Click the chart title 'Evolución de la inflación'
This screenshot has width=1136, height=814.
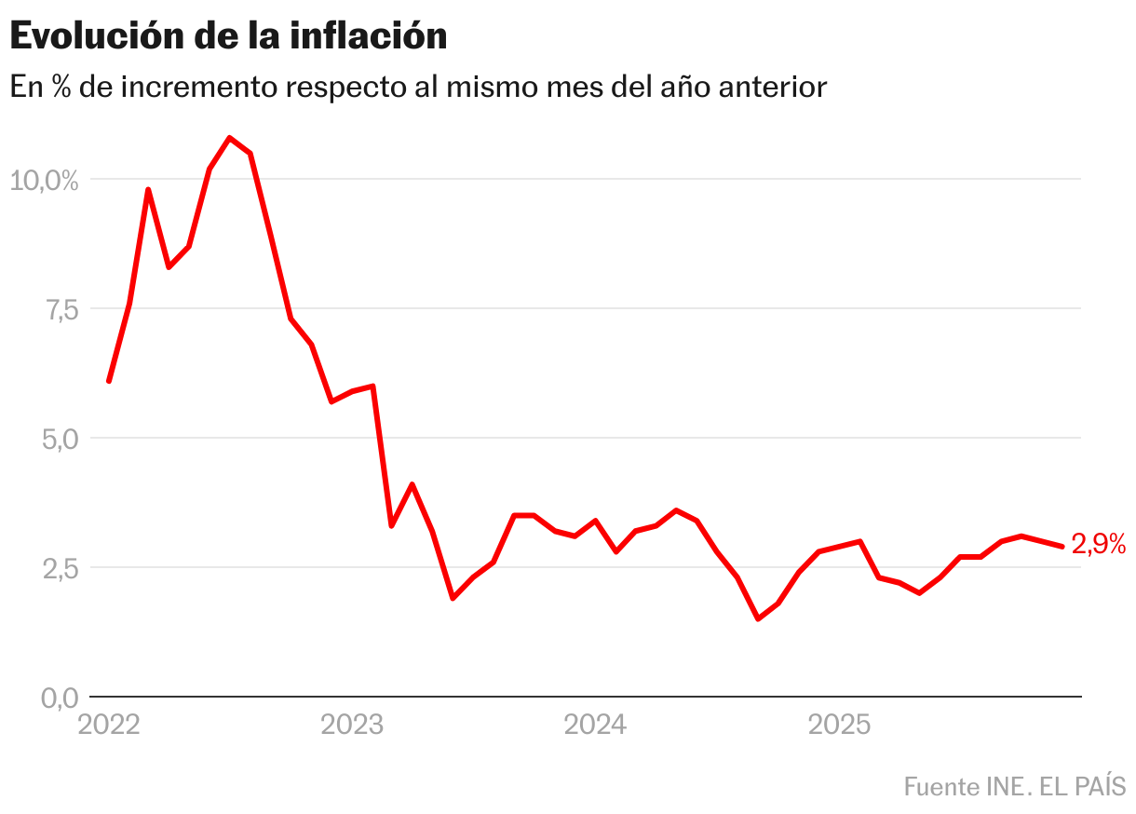[x=228, y=35]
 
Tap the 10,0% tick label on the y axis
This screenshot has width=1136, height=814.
[x=44, y=180]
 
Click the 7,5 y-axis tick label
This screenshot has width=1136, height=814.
[x=58, y=309]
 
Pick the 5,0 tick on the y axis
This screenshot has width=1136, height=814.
[x=58, y=439]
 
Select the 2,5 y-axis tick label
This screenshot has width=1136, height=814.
[x=58, y=568]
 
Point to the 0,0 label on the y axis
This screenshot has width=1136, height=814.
[x=58, y=697]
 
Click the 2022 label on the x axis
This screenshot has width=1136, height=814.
[x=109, y=725]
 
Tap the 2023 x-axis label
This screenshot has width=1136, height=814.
[x=352, y=725]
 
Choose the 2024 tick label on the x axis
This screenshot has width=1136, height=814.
[x=595, y=725]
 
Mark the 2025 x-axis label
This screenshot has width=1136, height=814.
[x=839, y=725]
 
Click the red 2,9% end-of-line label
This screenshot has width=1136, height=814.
[x=1098, y=545]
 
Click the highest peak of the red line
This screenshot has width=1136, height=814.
[x=230, y=138]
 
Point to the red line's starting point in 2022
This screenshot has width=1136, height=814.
[x=109, y=381]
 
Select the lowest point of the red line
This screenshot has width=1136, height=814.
[x=758, y=618]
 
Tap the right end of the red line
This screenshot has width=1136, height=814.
[x=1062, y=547]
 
